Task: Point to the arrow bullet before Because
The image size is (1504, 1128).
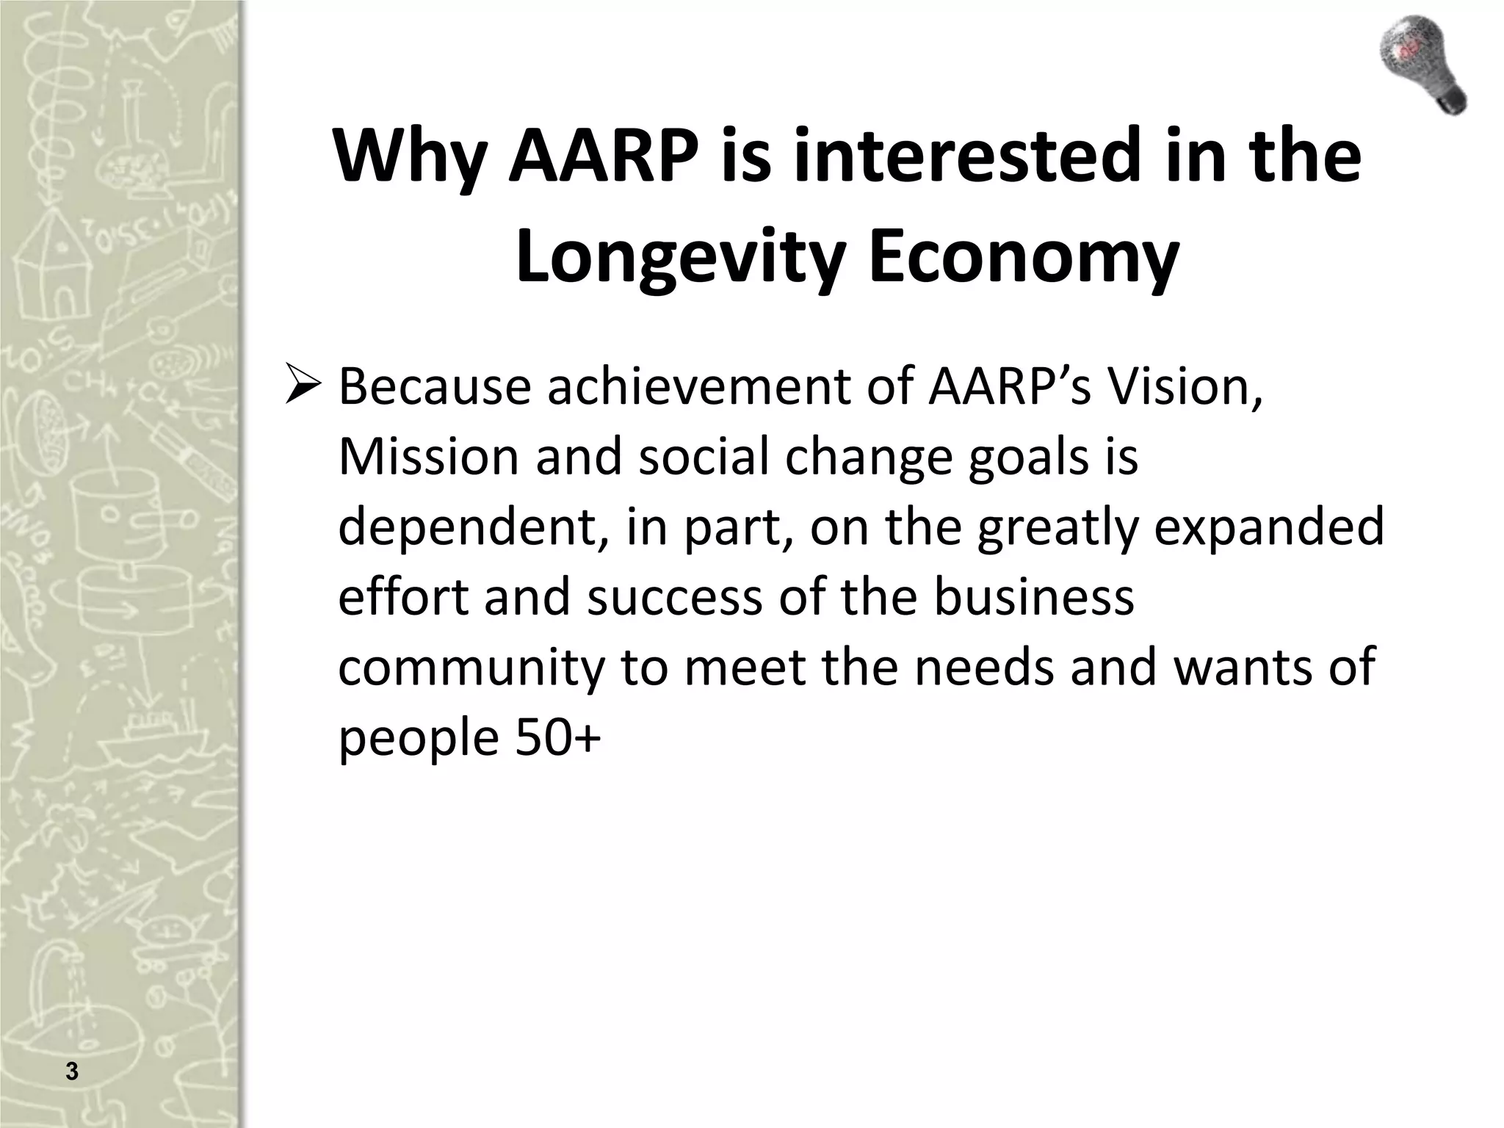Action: point(303,387)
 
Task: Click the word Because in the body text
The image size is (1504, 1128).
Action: point(434,387)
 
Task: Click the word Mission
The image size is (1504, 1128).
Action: point(429,457)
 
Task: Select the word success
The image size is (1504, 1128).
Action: point(674,596)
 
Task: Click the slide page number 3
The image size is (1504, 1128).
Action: point(71,1071)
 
